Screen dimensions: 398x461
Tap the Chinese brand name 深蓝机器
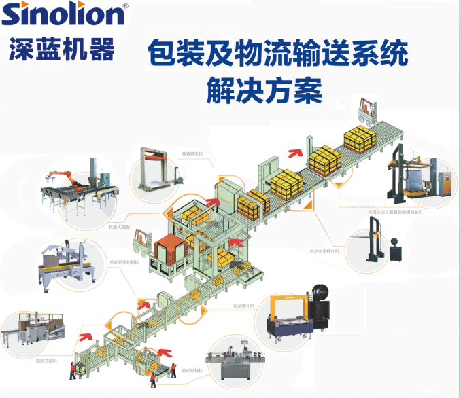click(62, 48)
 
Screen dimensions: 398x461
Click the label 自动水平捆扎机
click(324, 251)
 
